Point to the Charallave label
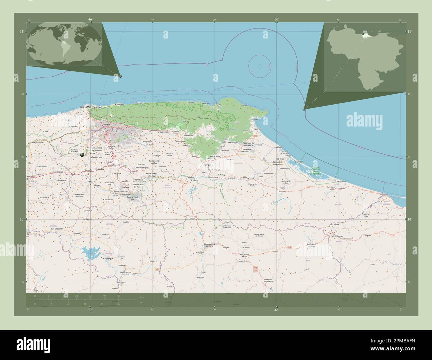117,173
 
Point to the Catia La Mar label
85,107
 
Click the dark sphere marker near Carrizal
82,154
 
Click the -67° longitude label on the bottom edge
90,310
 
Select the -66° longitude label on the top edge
276,19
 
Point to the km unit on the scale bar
142,297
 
